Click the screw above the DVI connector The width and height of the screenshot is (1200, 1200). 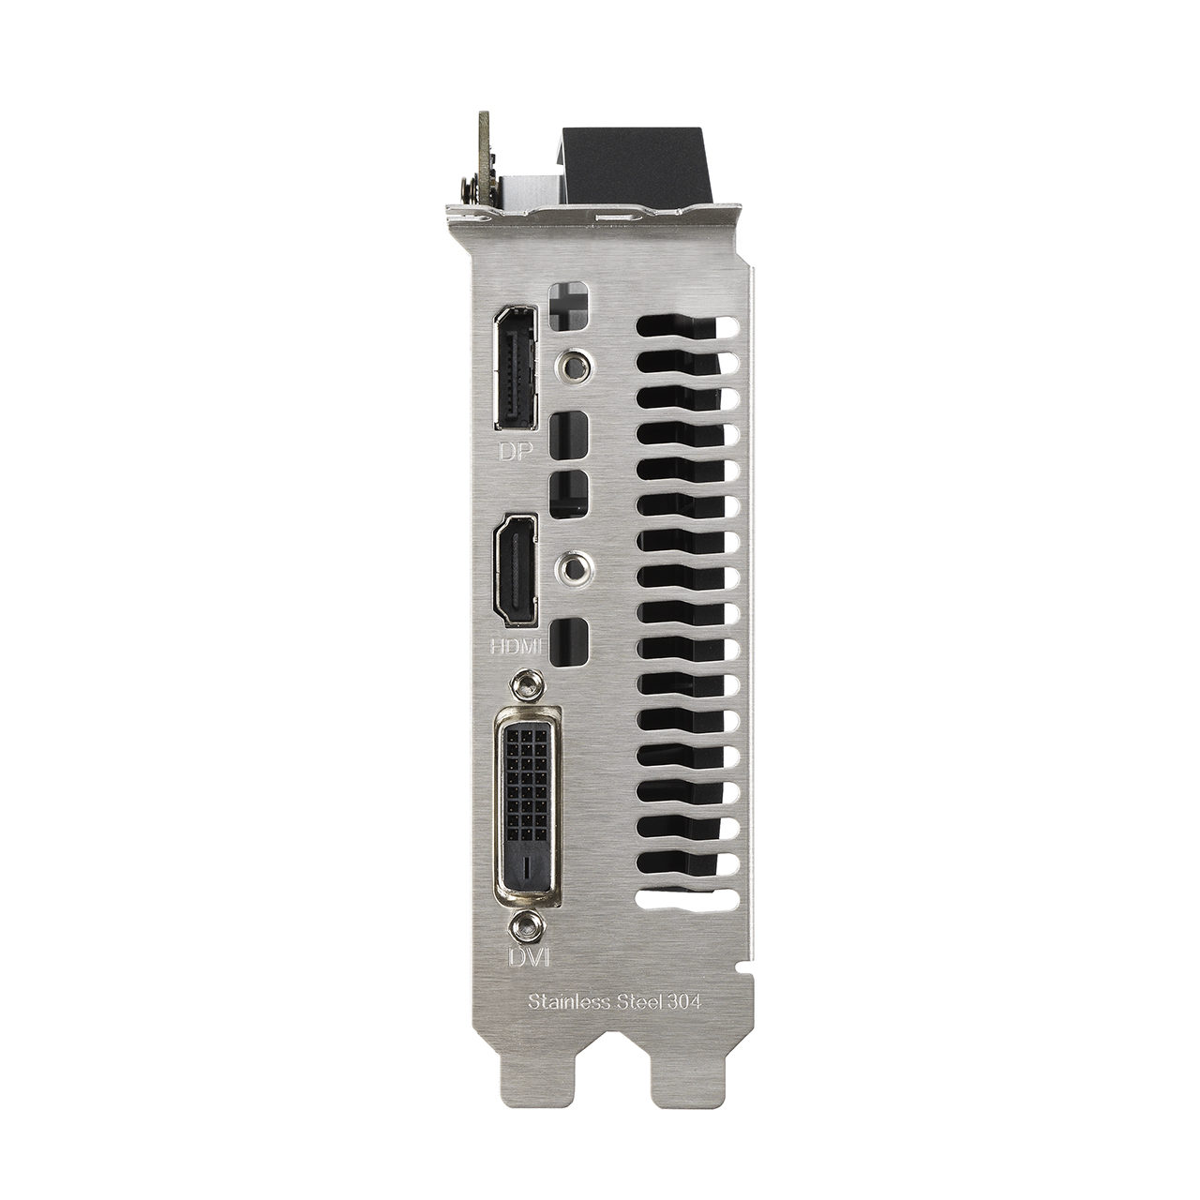coord(526,684)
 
